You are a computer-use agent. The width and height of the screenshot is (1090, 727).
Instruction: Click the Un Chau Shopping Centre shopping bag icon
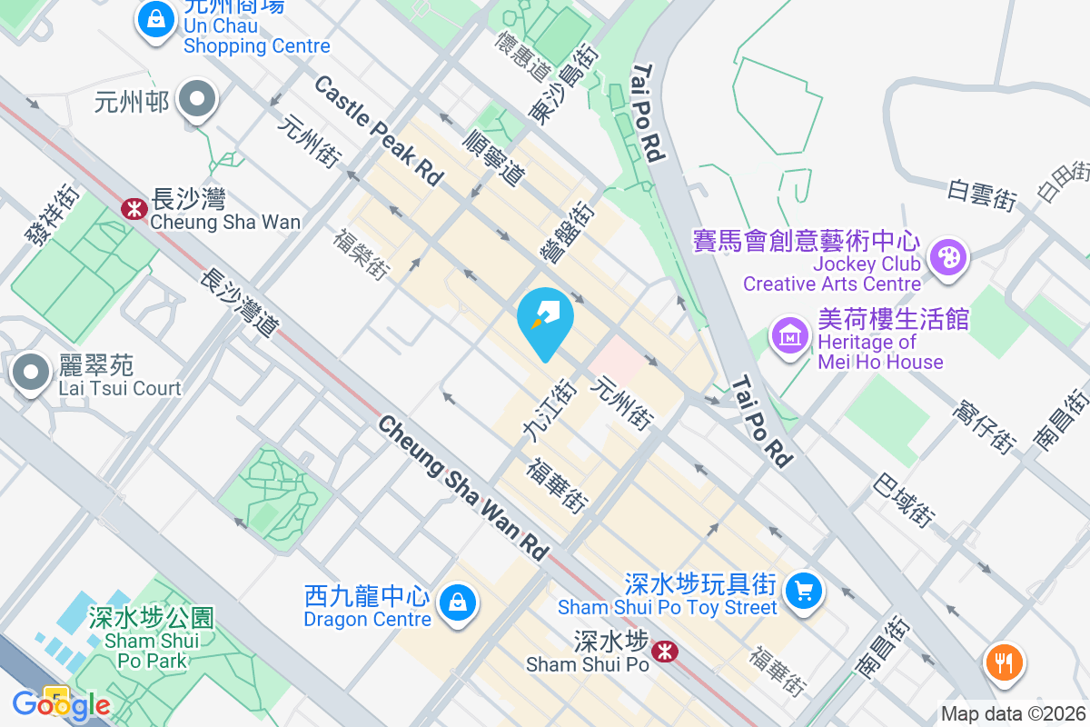pyautogui.click(x=156, y=18)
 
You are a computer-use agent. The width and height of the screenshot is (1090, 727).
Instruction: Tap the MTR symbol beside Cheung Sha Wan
pyautogui.click(x=134, y=209)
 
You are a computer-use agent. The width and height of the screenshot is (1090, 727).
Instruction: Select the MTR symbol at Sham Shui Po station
pyautogui.click(x=664, y=651)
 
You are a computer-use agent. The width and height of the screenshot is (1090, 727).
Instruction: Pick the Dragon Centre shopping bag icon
pyautogui.click(x=457, y=603)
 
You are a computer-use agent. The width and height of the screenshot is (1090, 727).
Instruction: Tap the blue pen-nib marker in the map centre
pyautogui.click(x=545, y=319)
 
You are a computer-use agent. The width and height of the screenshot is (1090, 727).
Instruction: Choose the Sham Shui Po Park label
pyautogui.click(x=151, y=639)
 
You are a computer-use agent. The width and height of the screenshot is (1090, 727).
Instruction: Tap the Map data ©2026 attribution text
pyautogui.click(x=1014, y=714)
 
